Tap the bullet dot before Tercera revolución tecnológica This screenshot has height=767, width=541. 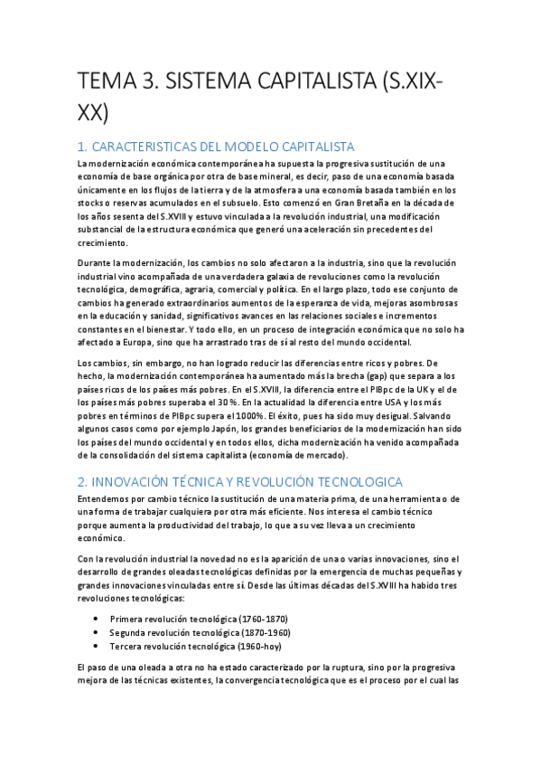tap(97, 647)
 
